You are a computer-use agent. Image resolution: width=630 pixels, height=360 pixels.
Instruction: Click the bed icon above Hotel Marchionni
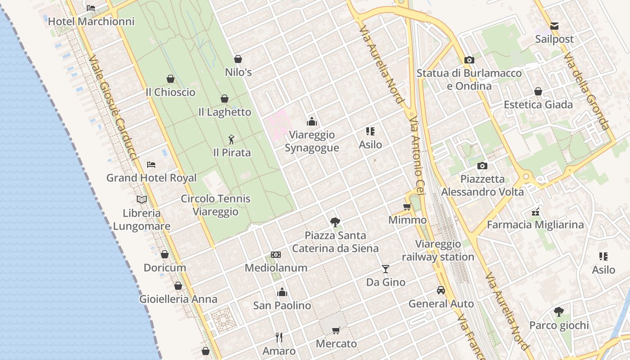(91, 8)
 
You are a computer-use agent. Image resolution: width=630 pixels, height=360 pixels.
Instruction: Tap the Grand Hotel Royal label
(151, 178)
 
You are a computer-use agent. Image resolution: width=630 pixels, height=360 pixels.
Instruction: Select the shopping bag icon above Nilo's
(238, 59)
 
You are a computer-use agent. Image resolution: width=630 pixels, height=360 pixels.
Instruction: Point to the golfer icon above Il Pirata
(232, 139)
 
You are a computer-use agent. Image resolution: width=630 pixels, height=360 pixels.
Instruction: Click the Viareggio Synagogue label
(312, 141)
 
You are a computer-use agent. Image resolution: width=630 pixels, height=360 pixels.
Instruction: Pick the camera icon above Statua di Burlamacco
(469, 60)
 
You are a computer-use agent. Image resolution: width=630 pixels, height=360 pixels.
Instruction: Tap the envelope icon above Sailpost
(554, 26)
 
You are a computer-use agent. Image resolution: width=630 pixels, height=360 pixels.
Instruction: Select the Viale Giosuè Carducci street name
(112, 108)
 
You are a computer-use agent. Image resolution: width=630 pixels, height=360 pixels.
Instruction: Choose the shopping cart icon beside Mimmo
(407, 207)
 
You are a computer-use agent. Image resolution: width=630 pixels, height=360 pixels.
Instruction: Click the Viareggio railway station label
(438, 251)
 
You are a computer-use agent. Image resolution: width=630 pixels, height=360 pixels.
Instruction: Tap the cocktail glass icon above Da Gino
(386, 269)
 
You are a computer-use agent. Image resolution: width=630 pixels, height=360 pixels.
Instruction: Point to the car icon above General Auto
(441, 290)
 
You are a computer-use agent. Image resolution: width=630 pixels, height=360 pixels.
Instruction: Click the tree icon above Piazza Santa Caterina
(335, 222)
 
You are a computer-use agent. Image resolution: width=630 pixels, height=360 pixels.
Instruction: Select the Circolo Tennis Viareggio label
(216, 205)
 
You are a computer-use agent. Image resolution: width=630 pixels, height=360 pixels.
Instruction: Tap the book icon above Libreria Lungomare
(142, 199)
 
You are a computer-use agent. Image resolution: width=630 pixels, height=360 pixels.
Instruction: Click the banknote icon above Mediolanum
(276, 255)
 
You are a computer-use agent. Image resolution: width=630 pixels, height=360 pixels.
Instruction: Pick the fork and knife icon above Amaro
(279, 337)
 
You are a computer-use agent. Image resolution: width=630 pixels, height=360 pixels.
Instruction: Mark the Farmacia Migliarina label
(535, 225)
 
